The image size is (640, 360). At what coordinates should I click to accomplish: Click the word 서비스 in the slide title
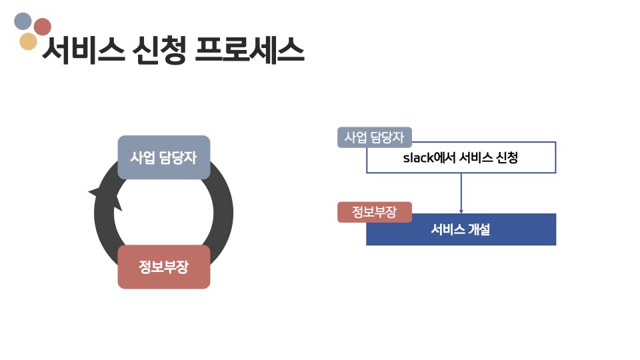click(x=83, y=49)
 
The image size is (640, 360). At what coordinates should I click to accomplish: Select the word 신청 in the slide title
click(x=160, y=49)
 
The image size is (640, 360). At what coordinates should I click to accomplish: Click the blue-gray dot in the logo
click(x=23, y=21)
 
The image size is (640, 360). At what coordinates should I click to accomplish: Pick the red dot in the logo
click(x=43, y=27)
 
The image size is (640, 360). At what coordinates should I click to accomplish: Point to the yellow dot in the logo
click(x=28, y=42)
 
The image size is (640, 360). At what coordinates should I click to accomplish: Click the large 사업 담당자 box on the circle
click(x=164, y=158)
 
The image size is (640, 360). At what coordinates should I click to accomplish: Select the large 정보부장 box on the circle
click(x=164, y=267)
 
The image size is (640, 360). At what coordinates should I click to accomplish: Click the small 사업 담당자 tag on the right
click(x=374, y=137)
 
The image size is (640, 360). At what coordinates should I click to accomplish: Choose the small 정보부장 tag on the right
click(x=374, y=212)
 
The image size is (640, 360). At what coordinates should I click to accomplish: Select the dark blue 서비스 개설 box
click(x=461, y=229)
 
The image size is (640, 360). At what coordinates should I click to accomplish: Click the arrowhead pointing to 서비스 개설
click(x=461, y=211)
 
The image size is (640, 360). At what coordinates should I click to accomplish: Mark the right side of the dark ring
click(x=223, y=213)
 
